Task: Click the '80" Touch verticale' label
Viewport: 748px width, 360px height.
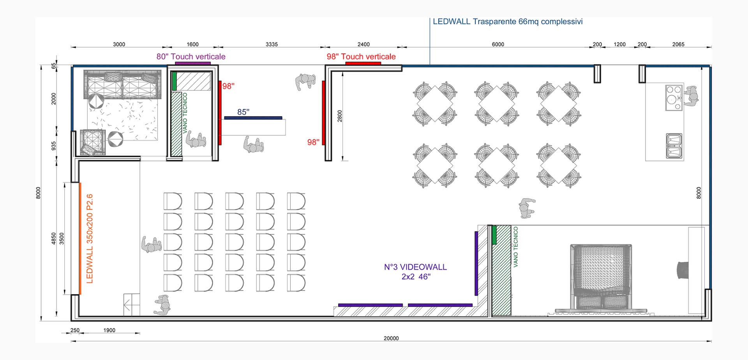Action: click(191, 56)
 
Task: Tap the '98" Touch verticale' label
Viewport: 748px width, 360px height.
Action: click(361, 56)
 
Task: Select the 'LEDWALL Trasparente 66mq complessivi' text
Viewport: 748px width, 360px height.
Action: click(508, 22)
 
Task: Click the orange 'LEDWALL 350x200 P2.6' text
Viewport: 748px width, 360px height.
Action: click(90, 238)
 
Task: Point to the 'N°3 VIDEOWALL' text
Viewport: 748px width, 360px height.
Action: click(415, 267)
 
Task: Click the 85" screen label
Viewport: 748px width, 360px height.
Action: click(243, 112)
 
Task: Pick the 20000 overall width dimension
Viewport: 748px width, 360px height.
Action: click(391, 338)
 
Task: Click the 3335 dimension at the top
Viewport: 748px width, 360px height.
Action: click(272, 44)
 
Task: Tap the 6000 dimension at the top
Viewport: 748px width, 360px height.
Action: click(498, 44)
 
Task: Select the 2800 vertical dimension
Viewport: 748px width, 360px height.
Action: click(340, 116)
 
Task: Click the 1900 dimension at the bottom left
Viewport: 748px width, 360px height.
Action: click(109, 330)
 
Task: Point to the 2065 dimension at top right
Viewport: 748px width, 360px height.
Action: click(678, 44)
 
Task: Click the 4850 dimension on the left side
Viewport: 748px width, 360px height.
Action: click(54, 239)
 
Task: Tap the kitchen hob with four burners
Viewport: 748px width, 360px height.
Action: click(674, 97)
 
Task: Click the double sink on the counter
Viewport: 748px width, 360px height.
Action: click(674, 146)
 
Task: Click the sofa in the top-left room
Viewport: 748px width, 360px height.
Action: click(122, 85)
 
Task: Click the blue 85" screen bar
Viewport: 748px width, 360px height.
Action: click(253, 118)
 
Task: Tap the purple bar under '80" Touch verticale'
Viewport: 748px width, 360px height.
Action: click(193, 63)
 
